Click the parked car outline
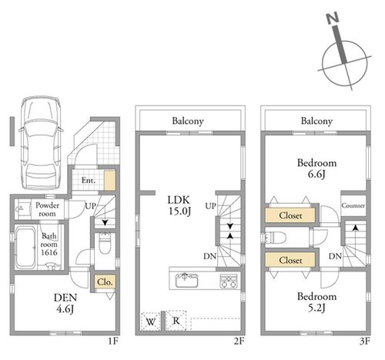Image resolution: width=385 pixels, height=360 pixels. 41,143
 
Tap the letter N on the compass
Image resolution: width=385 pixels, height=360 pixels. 333,18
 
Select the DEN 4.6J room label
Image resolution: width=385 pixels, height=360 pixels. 65,303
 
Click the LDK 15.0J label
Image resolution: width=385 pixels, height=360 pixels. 179,205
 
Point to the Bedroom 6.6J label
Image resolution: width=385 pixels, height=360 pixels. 316,168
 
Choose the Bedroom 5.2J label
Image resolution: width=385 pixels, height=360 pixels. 316,302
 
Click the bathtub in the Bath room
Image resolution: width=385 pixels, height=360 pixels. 25,247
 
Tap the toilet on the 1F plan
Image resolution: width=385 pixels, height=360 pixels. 105,243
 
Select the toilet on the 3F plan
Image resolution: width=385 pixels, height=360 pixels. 275,238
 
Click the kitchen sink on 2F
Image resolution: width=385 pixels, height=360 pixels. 186,280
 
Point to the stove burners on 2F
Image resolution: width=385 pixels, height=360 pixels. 229,281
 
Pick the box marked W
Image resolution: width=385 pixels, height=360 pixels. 151,321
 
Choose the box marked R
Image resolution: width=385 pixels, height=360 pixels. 176,320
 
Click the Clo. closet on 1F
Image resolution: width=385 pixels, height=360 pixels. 105,282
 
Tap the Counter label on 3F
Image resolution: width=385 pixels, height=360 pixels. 353,205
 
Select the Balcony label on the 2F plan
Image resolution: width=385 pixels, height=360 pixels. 188,121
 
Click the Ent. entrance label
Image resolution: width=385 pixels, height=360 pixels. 89,180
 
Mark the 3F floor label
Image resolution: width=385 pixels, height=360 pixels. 364,342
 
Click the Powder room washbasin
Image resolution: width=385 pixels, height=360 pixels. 21,208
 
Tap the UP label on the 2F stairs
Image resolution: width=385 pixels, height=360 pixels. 210,205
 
